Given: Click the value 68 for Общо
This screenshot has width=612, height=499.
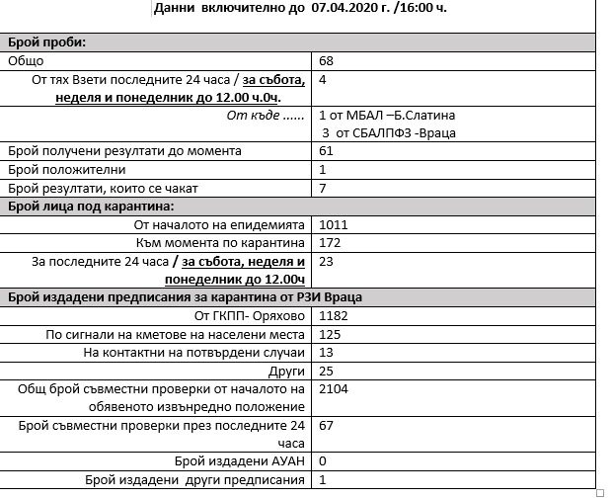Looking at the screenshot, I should click(x=327, y=61).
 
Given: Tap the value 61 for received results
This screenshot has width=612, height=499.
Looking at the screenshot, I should click(x=326, y=151).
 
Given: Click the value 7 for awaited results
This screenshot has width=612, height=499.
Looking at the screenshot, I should click(x=323, y=188).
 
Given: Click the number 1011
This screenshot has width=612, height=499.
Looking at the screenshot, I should click(x=334, y=224).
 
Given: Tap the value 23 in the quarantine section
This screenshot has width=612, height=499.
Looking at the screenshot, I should click(x=327, y=261).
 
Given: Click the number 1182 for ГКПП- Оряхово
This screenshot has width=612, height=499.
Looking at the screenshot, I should click(x=334, y=316).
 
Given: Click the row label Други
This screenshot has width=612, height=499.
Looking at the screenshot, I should click(x=286, y=371).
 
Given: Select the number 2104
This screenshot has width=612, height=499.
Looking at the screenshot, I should click(x=334, y=389).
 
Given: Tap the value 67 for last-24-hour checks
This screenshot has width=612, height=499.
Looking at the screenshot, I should click(x=327, y=425).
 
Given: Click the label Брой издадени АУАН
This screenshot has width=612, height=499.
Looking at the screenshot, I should click(x=240, y=461).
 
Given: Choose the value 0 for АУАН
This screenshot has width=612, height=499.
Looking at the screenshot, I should click(x=323, y=461).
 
